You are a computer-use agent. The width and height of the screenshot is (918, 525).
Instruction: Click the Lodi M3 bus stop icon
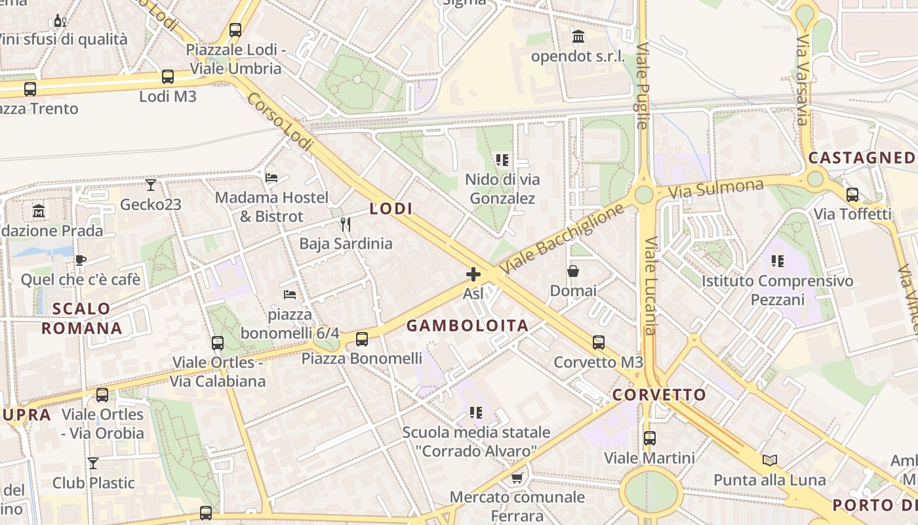click(x=168, y=77)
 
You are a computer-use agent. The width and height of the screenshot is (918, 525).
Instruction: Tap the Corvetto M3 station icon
click(x=598, y=342)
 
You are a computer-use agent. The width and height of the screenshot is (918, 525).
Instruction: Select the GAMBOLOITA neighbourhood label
click(x=468, y=325)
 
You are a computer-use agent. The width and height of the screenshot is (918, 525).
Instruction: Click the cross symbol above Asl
click(x=473, y=274)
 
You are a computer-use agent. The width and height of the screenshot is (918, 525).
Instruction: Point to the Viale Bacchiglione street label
click(x=561, y=240)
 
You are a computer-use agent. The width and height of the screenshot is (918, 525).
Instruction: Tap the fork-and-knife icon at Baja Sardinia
click(x=346, y=224)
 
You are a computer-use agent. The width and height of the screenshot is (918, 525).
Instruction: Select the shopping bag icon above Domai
click(x=573, y=271)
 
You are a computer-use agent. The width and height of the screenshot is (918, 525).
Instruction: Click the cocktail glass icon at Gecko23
click(x=151, y=185)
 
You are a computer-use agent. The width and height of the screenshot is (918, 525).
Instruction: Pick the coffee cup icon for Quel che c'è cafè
click(x=80, y=260)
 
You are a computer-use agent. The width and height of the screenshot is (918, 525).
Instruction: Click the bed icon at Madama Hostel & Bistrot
click(x=271, y=178)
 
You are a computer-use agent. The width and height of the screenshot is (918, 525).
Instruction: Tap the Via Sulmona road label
click(x=716, y=189)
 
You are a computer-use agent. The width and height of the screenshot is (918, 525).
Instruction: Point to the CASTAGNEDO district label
click(x=862, y=158)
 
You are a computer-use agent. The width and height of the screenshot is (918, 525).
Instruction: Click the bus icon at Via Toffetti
click(x=852, y=194)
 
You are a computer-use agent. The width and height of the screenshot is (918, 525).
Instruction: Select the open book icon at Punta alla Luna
click(x=770, y=460)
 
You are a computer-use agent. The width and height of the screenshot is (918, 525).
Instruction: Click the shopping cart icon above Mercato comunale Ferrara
click(x=517, y=477)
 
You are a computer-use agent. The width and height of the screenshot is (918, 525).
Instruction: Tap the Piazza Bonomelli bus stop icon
click(x=361, y=339)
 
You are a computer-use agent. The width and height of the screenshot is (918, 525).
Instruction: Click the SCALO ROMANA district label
click(x=82, y=318)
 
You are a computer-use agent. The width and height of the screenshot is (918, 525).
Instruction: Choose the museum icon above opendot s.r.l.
click(x=578, y=37)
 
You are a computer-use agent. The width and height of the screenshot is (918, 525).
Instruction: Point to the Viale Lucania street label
click(x=650, y=285)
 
